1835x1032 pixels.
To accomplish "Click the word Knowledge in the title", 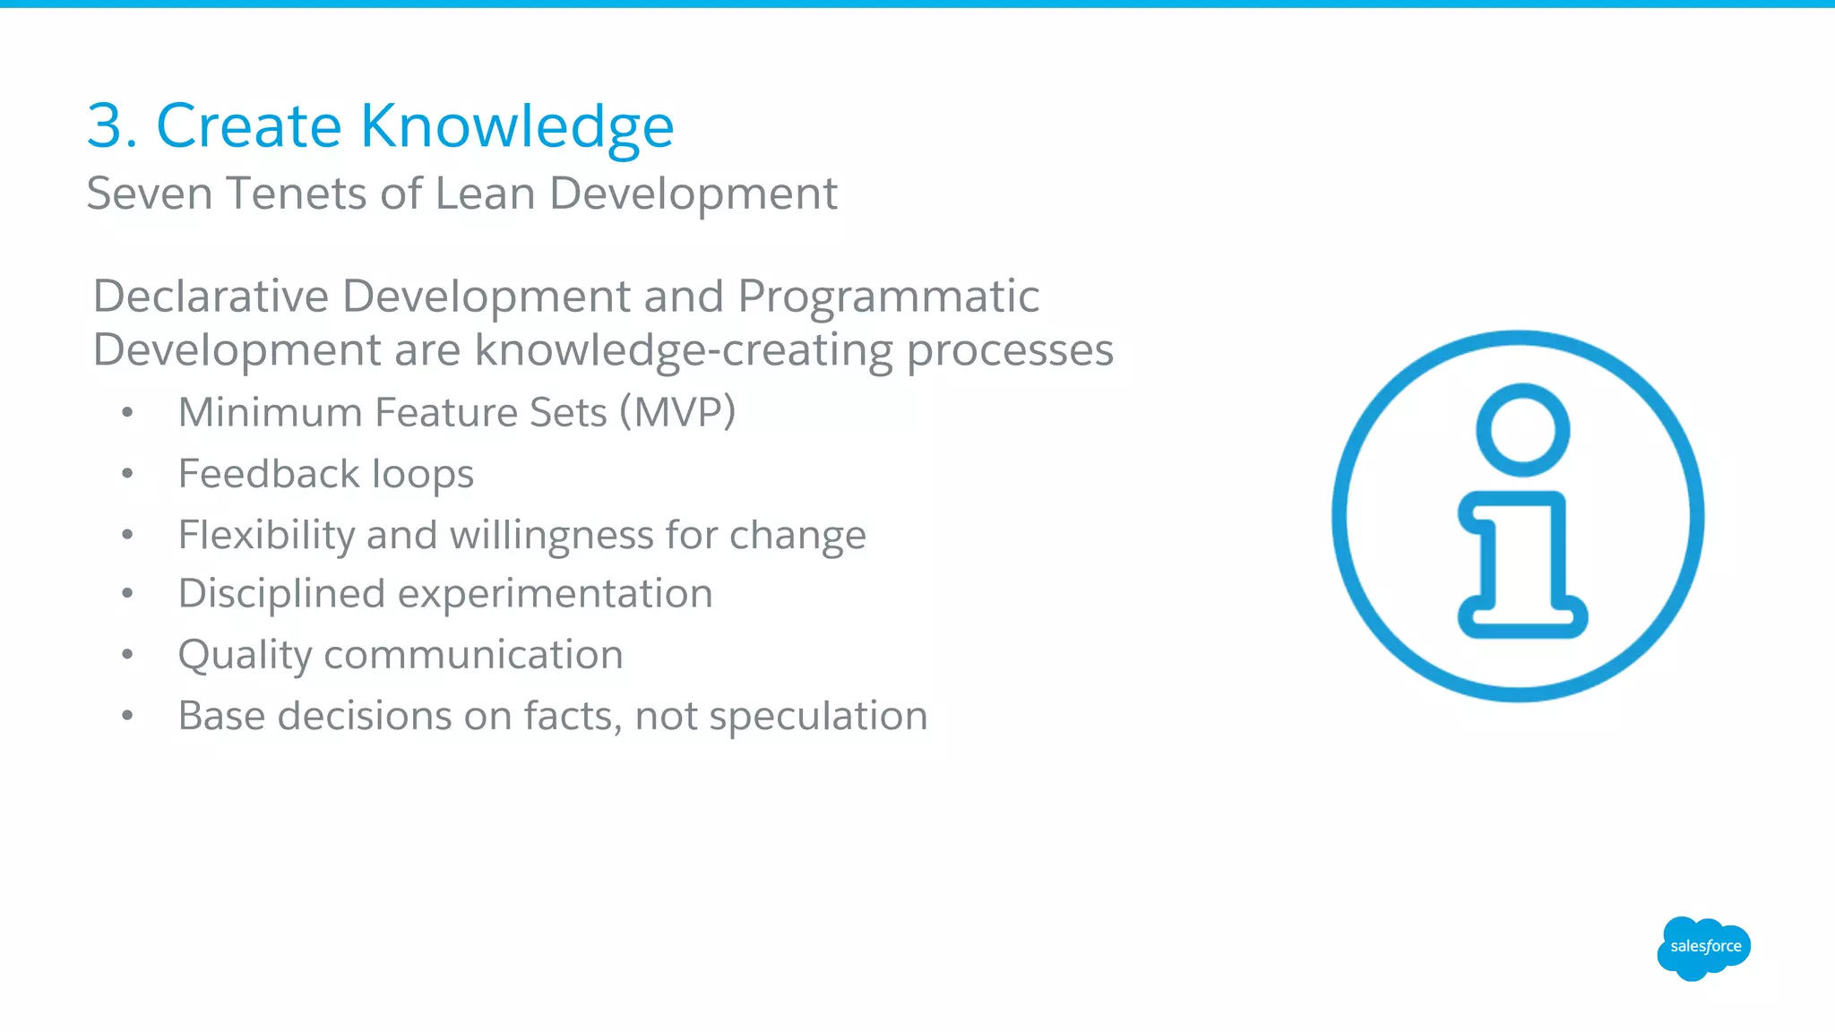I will [517, 125].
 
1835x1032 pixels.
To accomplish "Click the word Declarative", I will [211, 297].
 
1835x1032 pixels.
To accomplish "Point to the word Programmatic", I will [888, 297].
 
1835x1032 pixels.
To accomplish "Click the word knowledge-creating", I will [684, 350].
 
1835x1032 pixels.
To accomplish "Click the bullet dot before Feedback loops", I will [128, 474].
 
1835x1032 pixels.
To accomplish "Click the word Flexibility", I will [266, 535].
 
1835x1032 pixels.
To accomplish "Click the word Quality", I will [245, 655].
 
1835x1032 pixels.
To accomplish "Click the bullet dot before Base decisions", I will [128, 716].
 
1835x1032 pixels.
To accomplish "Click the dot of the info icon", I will [1522, 430].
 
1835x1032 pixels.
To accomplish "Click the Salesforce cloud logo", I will [1703, 948].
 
